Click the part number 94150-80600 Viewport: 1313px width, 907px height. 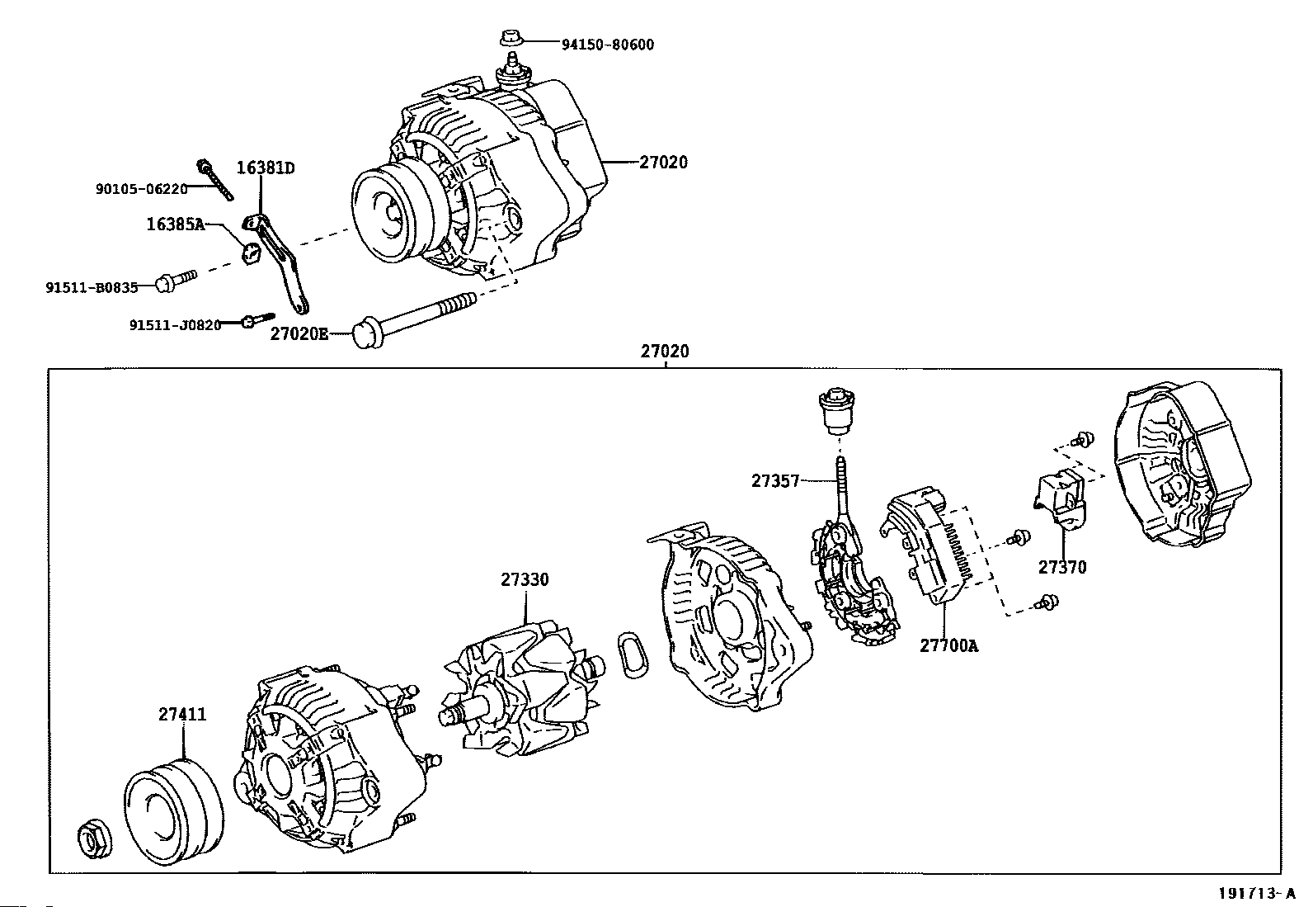pos(608,45)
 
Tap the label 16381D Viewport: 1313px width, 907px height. pos(266,168)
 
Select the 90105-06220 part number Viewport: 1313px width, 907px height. pos(141,189)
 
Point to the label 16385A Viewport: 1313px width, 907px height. pos(176,224)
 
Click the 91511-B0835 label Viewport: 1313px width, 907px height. pos(92,287)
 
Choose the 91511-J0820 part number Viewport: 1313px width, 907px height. pos(176,325)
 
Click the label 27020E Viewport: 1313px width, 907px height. pos(299,333)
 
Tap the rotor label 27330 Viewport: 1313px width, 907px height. pos(525,579)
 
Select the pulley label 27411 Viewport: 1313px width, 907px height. pos(182,714)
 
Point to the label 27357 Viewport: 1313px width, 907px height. pos(775,481)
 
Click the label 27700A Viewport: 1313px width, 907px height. pos(949,645)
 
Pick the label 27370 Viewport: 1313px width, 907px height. pos(1062,567)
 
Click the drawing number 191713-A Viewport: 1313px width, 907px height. pos(1257,894)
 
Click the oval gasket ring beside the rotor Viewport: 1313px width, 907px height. pos(633,654)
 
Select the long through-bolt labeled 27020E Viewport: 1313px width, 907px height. pos(414,321)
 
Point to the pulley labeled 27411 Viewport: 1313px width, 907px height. pos(173,812)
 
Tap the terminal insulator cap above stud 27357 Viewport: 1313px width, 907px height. pos(836,410)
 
